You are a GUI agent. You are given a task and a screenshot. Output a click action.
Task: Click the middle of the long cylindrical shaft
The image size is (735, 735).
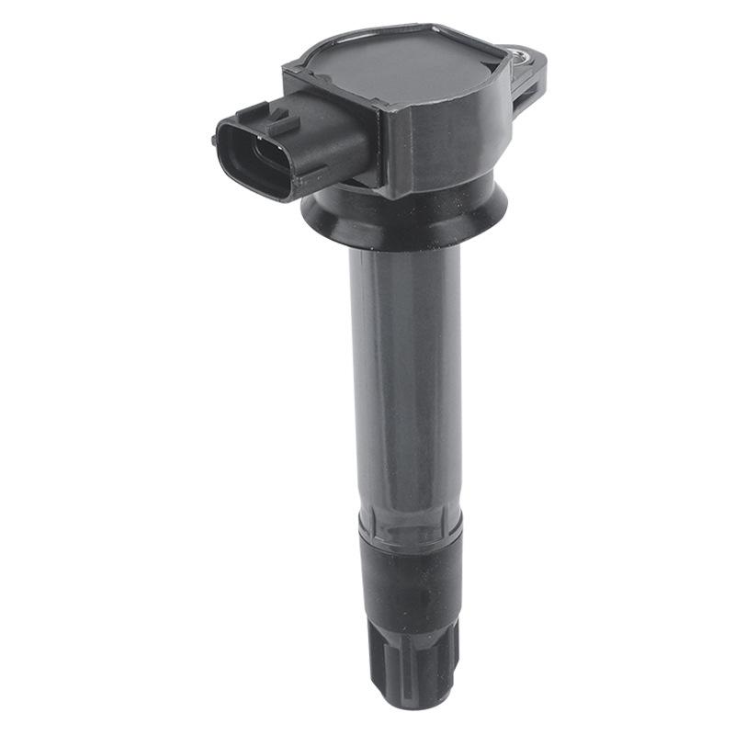(x=404, y=386)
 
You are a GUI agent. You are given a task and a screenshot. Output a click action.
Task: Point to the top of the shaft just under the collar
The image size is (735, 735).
(x=404, y=262)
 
